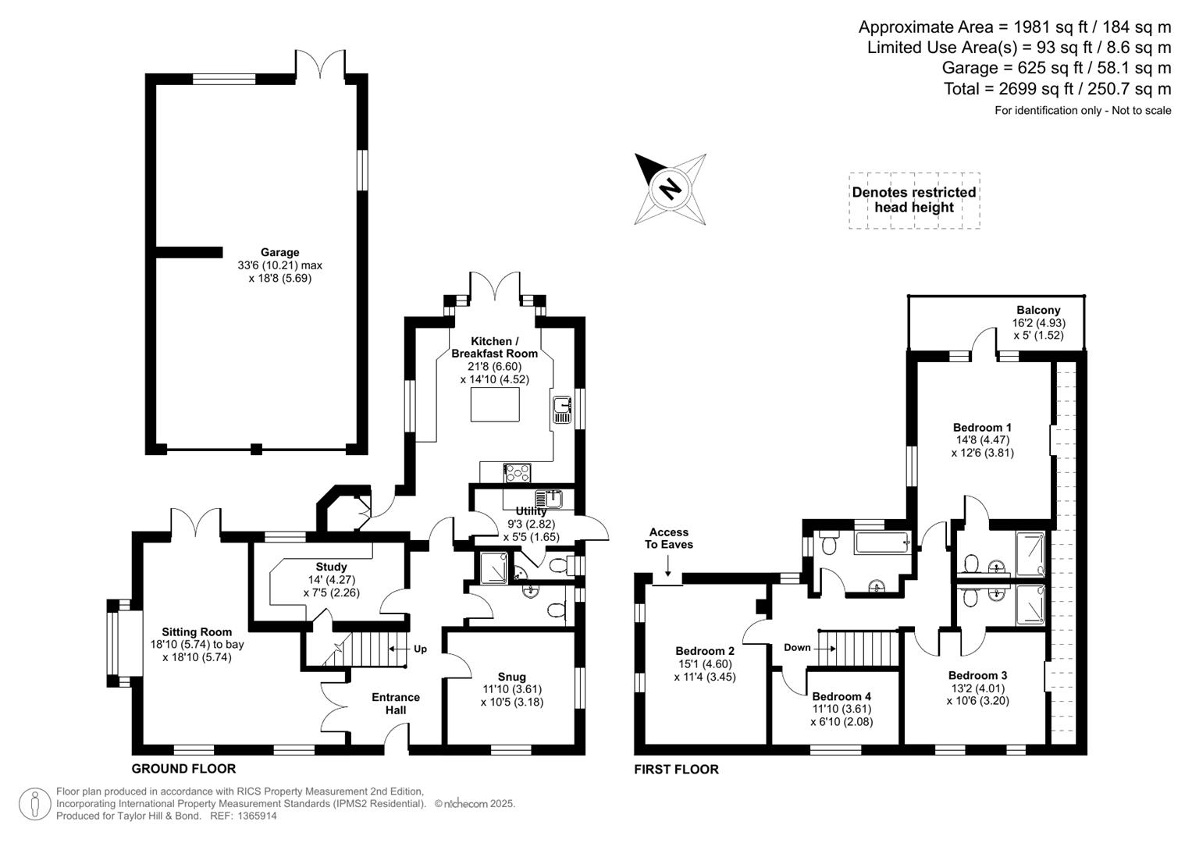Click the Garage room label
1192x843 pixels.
tap(279, 252)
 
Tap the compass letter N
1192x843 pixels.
tap(669, 188)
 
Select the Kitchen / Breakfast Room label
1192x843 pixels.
tap(494, 347)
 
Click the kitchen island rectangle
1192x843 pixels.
tap(495, 404)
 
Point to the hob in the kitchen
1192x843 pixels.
tap(517, 472)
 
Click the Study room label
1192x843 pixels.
tap(331, 567)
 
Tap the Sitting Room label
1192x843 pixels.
tap(197, 632)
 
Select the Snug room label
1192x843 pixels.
tap(511, 677)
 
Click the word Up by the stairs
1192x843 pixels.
tap(420, 649)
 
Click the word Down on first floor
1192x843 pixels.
tap(797, 647)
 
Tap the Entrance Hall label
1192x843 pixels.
tap(396, 703)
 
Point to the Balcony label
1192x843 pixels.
tap(1038, 310)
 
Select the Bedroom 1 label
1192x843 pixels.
tap(982, 427)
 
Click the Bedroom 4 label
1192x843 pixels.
tap(842, 696)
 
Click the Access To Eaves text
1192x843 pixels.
tap(668, 539)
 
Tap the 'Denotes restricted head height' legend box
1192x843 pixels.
tap(914, 200)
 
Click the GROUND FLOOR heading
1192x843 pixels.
tap(183, 768)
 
